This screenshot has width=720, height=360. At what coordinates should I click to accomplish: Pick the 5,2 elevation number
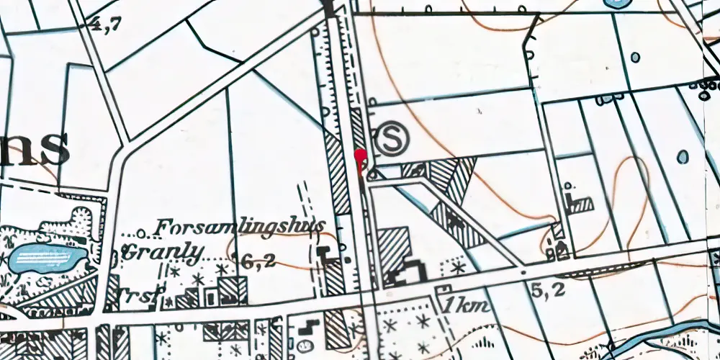tap(546, 291)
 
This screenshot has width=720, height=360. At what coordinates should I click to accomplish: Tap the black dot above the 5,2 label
tap(523, 274)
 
